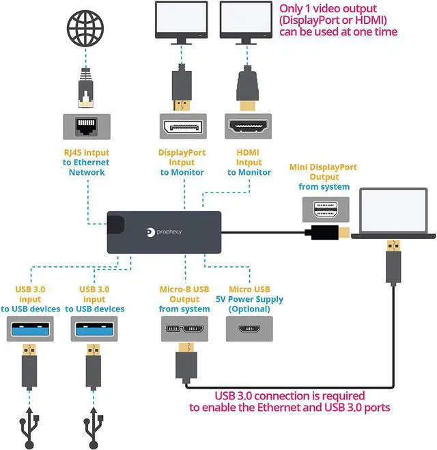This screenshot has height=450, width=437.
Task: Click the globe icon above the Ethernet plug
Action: [x=85, y=28]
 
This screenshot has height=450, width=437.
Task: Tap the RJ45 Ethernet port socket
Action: [x=86, y=126]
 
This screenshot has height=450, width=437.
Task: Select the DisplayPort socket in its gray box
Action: [x=183, y=126]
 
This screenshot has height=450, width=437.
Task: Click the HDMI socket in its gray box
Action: [x=248, y=126]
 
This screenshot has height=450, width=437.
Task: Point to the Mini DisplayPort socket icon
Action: [x=326, y=210]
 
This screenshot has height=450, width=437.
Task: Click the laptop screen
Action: [x=393, y=210]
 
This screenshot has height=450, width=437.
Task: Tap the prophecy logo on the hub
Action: [x=164, y=232]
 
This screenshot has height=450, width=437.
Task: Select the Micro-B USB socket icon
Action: [x=185, y=328]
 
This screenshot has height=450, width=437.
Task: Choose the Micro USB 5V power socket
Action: [x=249, y=328]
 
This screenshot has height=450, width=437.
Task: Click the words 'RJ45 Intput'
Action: [x=86, y=152]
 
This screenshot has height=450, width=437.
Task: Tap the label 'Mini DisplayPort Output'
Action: [x=324, y=171]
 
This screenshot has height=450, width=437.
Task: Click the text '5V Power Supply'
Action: [x=249, y=299]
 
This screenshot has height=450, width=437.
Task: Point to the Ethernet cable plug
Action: [x=86, y=88]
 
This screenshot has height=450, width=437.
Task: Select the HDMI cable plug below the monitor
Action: [x=247, y=88]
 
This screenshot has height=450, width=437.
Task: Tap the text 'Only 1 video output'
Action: [x=328, y=8]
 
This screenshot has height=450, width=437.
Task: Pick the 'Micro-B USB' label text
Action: [x=184, y=289]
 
